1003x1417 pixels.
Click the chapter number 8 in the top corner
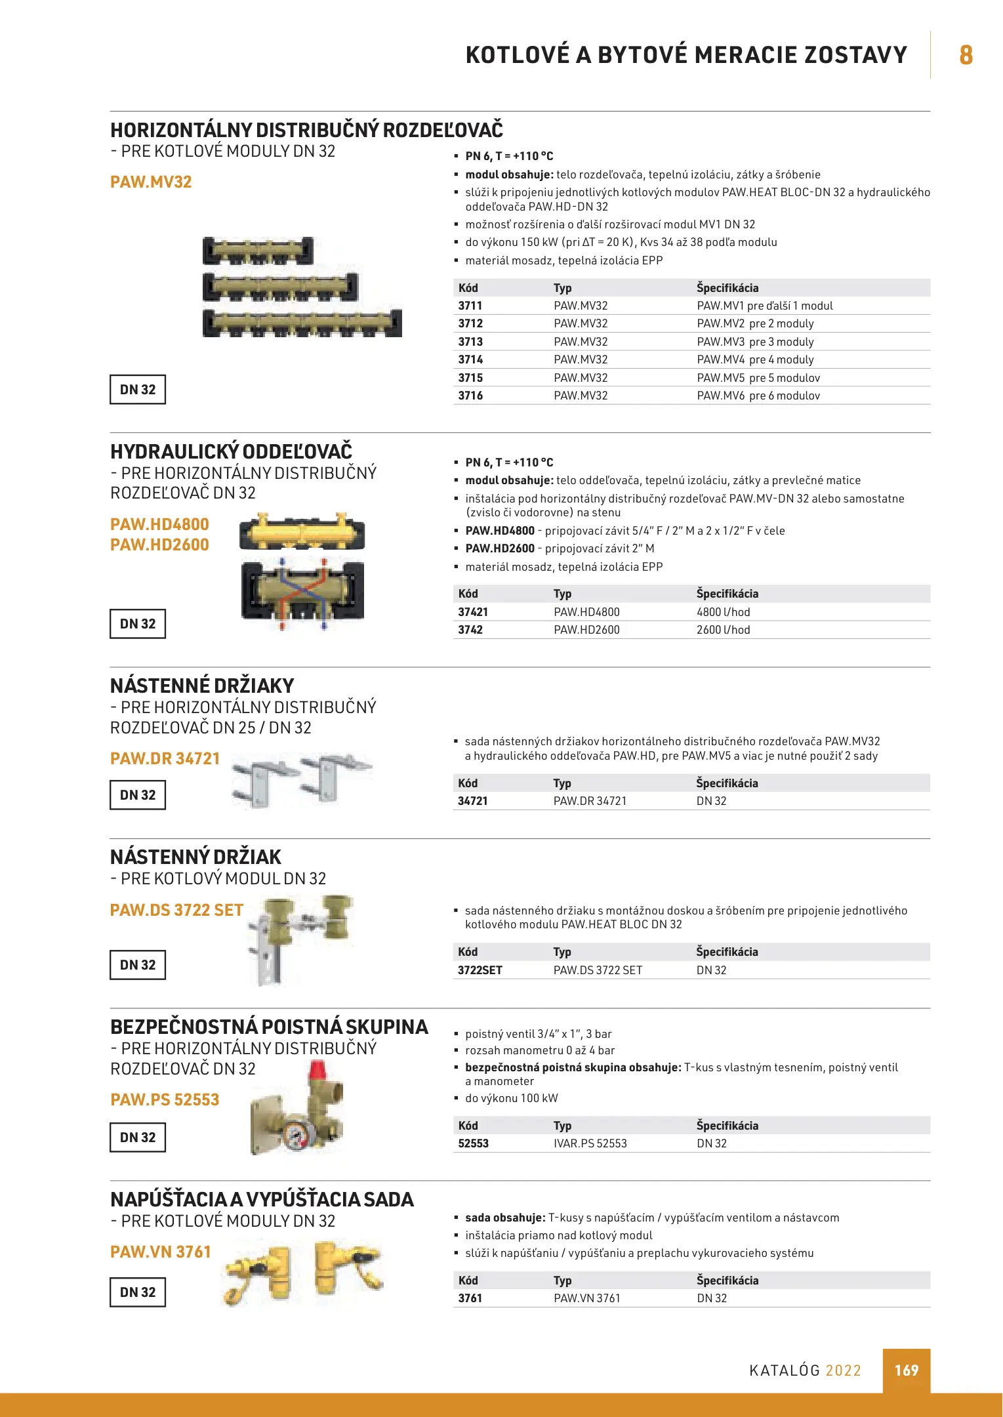966,55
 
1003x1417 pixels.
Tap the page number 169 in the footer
906,1370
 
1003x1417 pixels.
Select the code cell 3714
470,359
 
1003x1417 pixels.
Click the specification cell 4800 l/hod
723,612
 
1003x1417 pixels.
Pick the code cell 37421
473,612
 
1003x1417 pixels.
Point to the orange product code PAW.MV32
151,182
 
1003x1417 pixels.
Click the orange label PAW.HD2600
159,544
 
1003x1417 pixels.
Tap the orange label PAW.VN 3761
161,1252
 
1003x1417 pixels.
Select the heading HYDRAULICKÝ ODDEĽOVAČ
231,451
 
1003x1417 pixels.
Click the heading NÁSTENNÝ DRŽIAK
195,857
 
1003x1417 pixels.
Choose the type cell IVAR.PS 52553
590,1143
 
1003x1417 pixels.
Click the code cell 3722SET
480,970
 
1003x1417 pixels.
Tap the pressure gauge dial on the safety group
295,1133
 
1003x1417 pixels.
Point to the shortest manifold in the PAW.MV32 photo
258,251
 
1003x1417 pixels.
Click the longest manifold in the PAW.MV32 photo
302,323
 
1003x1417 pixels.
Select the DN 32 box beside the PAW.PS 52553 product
138,1138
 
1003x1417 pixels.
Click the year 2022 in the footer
843,1370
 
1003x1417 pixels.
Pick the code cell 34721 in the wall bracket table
472,801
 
